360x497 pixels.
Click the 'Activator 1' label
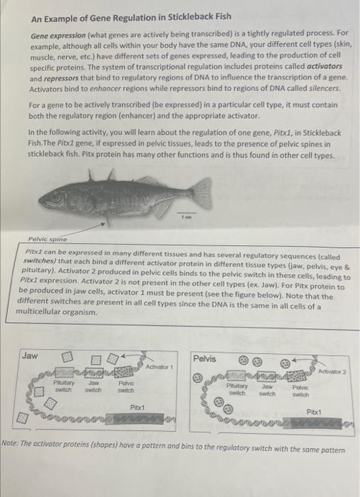tap(159, 367)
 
